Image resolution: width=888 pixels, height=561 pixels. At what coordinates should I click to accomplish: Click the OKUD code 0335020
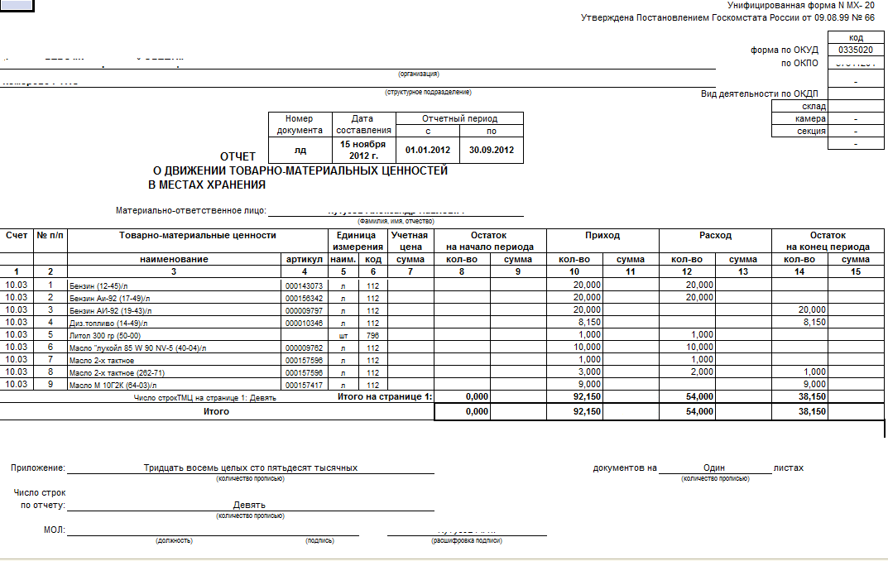point(856,50)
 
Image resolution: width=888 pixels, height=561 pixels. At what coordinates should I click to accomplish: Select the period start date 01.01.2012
point(427,150)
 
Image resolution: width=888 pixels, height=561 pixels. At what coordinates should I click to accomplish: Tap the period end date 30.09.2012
point(492,150)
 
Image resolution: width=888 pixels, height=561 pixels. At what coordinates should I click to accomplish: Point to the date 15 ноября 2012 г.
point(363,150)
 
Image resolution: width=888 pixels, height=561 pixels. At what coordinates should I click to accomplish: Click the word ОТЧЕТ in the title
point(238,156)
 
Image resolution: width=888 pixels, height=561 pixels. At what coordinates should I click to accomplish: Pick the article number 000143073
point(304,285)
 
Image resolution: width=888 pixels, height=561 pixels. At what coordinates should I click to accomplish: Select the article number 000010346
point(304,323)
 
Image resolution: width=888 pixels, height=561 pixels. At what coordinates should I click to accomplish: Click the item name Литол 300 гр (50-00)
point(105,336)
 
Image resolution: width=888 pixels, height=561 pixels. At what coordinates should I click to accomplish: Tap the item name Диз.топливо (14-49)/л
point(108,323)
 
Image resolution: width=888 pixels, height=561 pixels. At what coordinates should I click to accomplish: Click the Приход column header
point(602,235)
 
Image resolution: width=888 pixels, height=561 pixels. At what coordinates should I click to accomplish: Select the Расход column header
point(715,235)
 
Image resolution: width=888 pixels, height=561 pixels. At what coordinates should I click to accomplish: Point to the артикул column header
point(304,259)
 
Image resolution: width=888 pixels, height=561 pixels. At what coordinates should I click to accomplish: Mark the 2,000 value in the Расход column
point(700,372)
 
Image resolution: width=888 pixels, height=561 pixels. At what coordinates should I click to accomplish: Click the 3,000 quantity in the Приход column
point(588,372)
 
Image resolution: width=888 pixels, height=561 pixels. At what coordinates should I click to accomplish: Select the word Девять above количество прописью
point(249,505)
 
